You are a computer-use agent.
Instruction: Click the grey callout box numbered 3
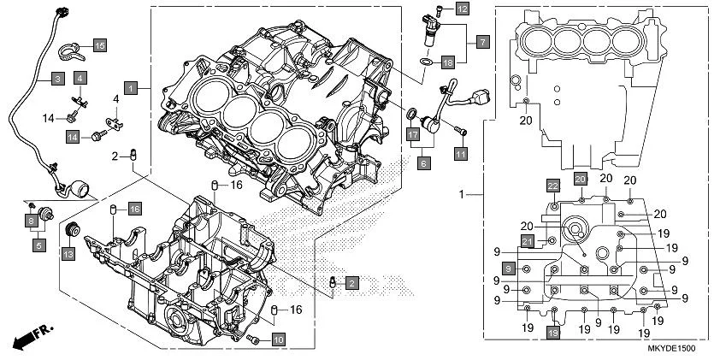point(57,79)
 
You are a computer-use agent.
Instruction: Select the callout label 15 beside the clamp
point(99,44)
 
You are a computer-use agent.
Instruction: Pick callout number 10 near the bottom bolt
point(279,339)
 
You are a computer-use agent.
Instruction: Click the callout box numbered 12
point(462,9)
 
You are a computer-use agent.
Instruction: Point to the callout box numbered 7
point(481,40)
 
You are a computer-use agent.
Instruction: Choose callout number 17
point(412,134)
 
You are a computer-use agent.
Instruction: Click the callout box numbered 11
point(461,153)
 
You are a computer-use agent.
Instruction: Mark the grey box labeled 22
point(553,186)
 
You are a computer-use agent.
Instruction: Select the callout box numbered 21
point(528,241)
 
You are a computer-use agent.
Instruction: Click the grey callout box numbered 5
point(39,245)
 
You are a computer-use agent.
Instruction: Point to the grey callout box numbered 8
point(31,221)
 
